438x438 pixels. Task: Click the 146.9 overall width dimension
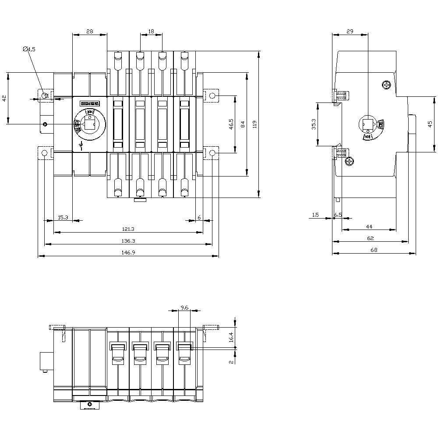tap(128, 252)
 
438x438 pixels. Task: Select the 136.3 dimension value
tap(128, 240)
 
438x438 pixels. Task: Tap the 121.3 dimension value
tap(128, 229)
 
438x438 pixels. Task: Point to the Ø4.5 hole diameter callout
tap(29, 49)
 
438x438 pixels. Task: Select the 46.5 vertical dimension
tap(231, 124)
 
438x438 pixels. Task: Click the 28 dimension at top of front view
tap(89, 31)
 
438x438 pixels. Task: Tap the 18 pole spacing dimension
tap(151, 31)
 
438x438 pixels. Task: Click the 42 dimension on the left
tap(4, 98)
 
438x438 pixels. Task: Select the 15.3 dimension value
tap(63, 217)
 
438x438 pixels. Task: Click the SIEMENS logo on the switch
tap(90, 104)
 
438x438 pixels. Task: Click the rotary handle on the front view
tap(90, 125)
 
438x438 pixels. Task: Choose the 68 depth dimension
tap(374, 250)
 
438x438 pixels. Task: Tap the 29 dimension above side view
tap(350, 31)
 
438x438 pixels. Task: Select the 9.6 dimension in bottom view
tap(184, 308)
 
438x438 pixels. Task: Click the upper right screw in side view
tap(386, 85)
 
